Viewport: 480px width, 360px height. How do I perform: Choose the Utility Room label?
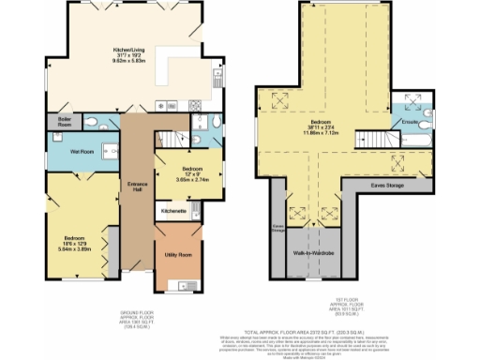[x=178, y=255]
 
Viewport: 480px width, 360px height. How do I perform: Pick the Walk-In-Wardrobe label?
[x=313, y=253]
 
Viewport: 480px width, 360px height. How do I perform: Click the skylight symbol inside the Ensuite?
[x=410, y=100]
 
